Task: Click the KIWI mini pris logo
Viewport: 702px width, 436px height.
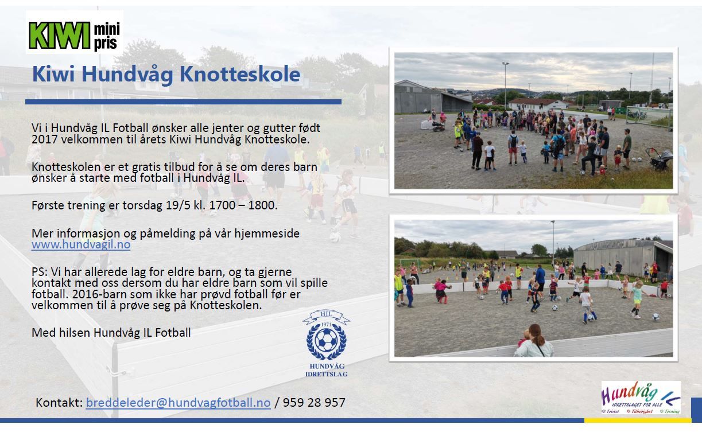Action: click(x=74, y=35)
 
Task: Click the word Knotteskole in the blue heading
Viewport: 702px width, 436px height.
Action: click(x=240, y=74)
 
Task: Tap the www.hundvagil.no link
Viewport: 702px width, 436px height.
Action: click(x=81, y=244)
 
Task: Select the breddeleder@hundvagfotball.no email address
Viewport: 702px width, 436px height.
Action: click(x=179, y=403)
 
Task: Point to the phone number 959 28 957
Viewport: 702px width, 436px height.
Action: click(x=314, y=403)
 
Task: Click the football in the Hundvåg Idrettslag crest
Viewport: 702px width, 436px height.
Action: click(x=326, y=340)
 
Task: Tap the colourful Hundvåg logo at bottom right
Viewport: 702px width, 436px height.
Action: click(x=641, y=398)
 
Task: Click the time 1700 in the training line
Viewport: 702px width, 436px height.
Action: click(x=222, y=205)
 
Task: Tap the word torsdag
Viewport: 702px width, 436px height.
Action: click(x=142, y=205)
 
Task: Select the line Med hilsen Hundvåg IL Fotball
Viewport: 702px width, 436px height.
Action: click(x=111, y=333)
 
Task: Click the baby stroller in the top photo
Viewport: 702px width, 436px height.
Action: click(x=660, y=159)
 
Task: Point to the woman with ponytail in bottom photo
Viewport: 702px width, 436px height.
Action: click(x=535, y=341)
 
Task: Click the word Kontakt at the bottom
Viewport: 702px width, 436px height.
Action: click(x=59, y=403)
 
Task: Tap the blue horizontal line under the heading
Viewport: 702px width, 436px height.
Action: click(x=183, y=102)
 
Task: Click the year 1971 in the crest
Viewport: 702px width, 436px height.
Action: click(x=326, y=325)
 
